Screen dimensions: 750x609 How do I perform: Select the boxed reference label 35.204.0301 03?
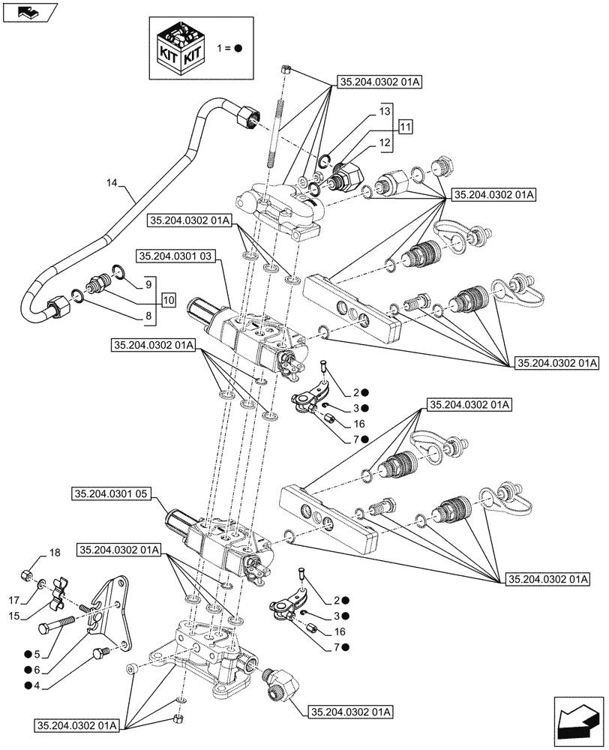point(176,256)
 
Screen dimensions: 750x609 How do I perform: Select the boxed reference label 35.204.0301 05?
point(113,493)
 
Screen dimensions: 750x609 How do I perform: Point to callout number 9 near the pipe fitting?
point(149,284)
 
